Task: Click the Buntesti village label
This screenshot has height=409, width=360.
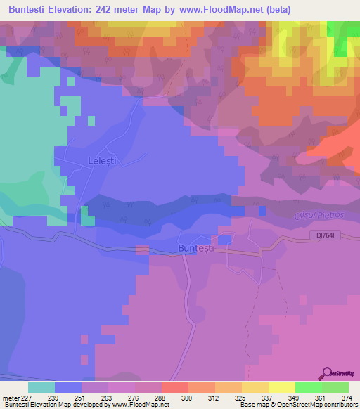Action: pyautogui.click(x=194, y=249)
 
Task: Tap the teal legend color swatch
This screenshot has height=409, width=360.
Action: pyautogui.click(x=41, y=387)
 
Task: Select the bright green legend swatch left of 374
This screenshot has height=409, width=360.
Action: pyautogui.click(x=308, y=387)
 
